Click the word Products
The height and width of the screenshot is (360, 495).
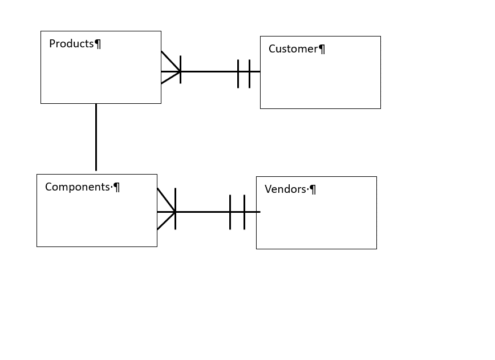71,44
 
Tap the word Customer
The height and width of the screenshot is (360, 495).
293,49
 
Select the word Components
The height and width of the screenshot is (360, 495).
77,187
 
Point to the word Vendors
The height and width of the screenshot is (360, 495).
285,189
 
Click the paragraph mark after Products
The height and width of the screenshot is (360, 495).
98,45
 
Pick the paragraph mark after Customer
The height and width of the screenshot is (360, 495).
322,50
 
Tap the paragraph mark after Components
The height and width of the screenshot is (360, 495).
117,188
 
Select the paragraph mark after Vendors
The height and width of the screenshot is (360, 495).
313,190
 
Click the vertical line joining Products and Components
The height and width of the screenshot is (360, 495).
96,137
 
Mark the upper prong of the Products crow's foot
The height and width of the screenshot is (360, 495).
171,61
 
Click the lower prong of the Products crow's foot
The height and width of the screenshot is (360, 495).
171,78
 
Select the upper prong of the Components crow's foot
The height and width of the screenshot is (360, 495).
166,200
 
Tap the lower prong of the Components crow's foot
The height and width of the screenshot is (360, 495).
166,221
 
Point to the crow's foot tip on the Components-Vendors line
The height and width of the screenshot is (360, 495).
175,212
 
